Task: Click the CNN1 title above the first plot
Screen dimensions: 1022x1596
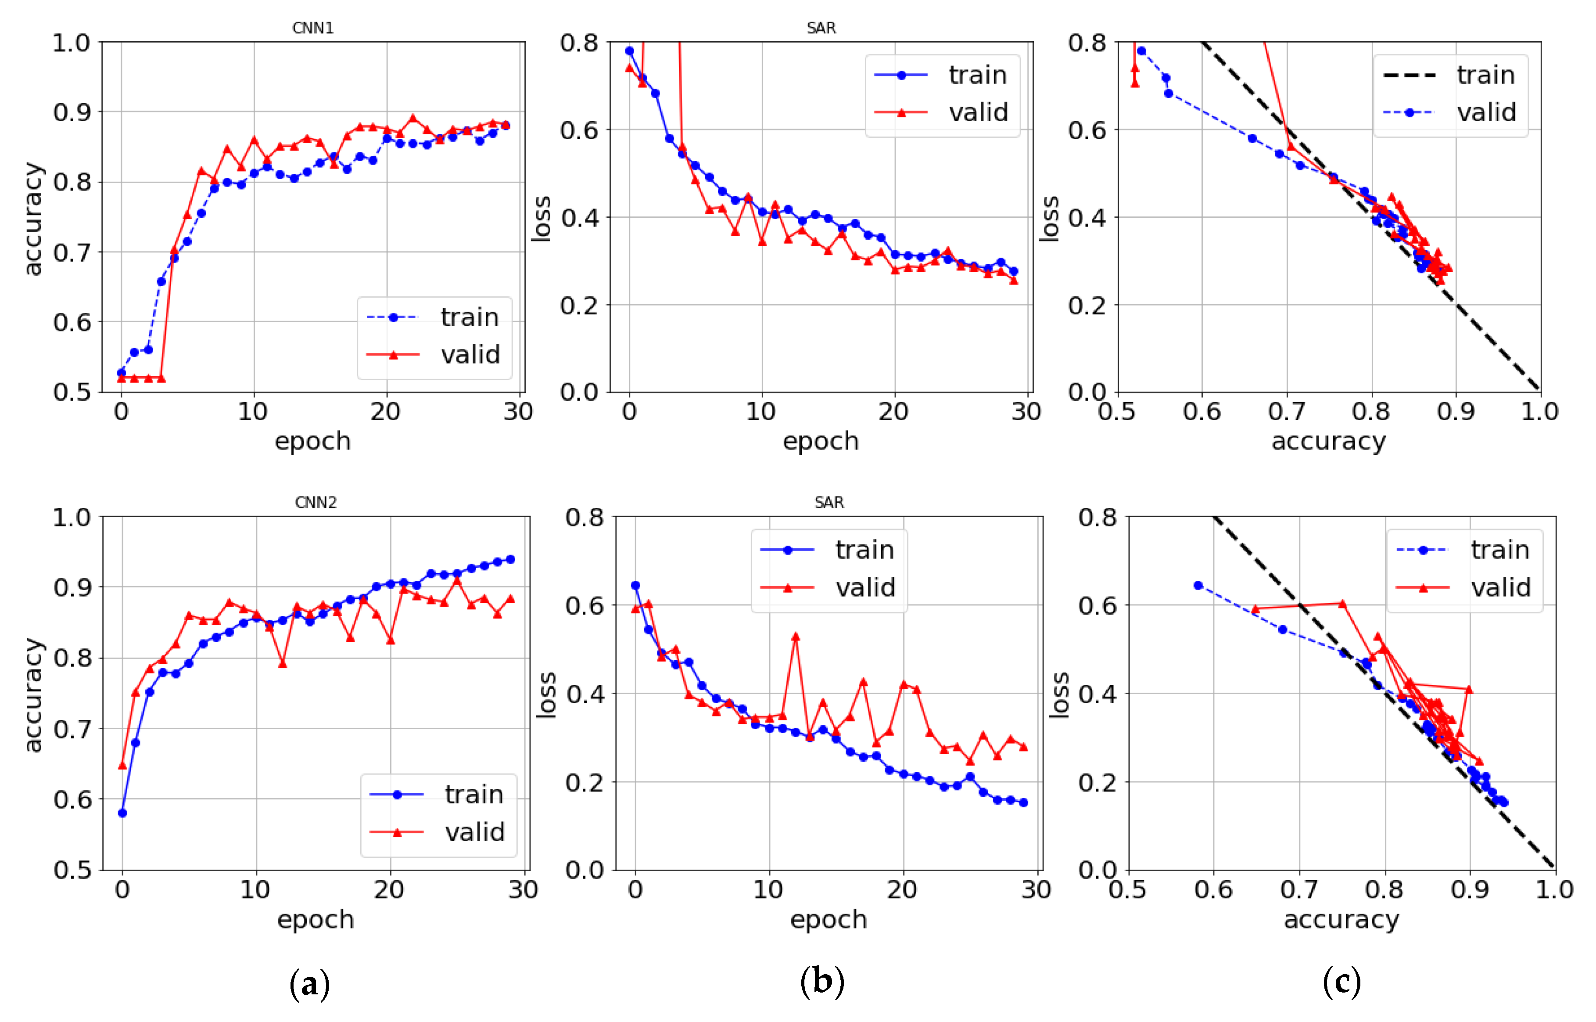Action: [312, 28]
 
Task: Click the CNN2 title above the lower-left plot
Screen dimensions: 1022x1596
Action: [316, 502]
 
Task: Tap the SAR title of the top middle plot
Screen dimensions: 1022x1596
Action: [821, 28]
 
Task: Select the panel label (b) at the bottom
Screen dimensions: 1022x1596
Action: [822, 980]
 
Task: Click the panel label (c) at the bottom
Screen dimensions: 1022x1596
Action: [1341, 980]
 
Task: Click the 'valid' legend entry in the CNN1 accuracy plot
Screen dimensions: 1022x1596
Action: [470, 354]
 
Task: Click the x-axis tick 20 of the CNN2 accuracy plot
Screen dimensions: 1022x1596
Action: [389, 889]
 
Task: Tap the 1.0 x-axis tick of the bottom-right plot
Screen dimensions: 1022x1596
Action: [1554, 889]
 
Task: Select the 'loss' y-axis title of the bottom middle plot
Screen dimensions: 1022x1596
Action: [545, 694]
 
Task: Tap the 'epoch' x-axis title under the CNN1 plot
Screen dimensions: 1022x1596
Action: [312, 441]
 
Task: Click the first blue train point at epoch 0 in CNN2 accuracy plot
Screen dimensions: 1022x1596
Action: [122, 813]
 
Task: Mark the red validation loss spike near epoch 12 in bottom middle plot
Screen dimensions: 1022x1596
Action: [795, 637]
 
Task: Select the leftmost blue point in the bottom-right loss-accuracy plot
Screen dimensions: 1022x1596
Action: [1198, 585]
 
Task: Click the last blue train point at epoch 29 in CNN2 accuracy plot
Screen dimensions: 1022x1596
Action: [510, 559]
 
